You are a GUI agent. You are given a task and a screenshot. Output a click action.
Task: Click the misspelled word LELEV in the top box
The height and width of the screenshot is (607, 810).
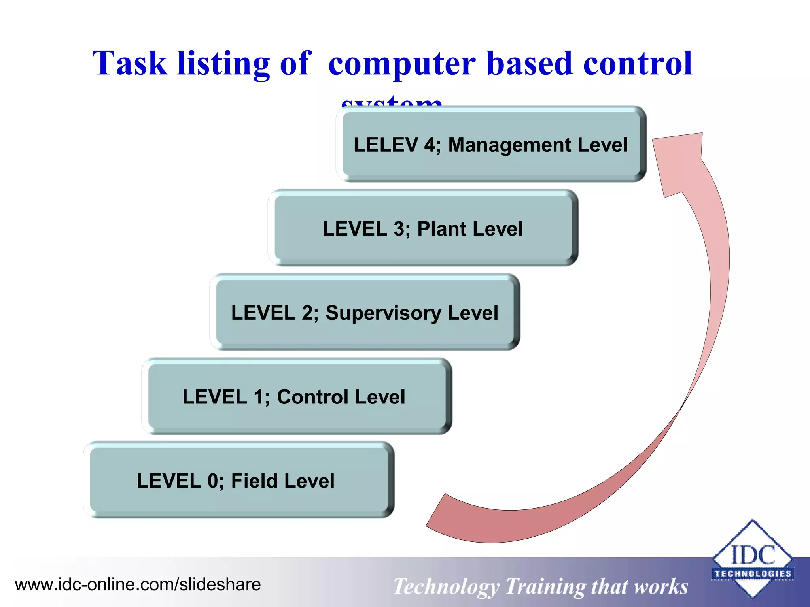(385, 145)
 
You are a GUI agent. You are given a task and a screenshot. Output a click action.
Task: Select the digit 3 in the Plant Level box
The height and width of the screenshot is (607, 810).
(399, 229)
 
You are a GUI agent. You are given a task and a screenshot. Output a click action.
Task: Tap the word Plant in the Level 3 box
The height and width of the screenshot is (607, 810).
(441, 229)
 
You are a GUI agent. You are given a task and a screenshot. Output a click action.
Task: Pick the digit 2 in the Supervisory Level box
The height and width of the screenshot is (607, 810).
(307, 313)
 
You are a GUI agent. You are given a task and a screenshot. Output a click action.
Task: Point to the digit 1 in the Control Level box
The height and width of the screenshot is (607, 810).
(258, 397)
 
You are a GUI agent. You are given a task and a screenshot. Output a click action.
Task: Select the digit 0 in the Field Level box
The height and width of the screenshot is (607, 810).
(213, 481)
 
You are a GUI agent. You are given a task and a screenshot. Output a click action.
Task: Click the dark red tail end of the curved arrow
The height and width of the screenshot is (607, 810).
(439, 512)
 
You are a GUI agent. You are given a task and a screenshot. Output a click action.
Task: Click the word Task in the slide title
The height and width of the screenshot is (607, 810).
(129, 63)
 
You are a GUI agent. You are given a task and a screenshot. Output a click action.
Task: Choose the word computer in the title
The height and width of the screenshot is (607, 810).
(402, 63)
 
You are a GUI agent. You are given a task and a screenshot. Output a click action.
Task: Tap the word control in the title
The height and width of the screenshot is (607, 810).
(638, 63)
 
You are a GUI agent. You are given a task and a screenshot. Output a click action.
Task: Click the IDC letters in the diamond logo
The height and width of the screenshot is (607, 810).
(752, 555)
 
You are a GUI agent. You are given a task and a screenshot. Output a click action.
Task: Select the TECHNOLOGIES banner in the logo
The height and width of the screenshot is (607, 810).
(752, 574)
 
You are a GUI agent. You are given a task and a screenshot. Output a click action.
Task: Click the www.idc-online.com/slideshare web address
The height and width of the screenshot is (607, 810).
(138, 584)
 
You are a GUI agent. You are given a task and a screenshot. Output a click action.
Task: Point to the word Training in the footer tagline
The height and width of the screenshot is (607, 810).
(545, 586)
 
